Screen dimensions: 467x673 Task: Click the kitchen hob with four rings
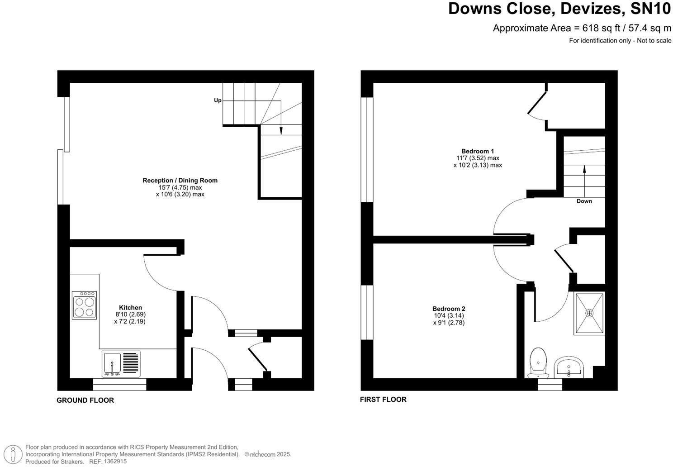pos(84,305)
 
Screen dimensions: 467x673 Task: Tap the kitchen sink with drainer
pos(121,363)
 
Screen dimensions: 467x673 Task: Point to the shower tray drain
pos(589,313)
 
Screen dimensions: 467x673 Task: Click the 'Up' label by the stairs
pos(218,100)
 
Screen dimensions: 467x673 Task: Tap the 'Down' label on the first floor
pos(584,201)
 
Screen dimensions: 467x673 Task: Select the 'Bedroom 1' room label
pos(478,151)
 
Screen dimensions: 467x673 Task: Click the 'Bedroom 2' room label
pos(449,309)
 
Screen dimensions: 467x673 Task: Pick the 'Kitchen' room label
pos(130,308)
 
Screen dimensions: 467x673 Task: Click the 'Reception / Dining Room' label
pos(180,180)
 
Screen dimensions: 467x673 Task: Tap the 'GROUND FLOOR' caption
pos(85,400)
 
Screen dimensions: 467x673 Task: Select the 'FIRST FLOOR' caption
pos(383,399)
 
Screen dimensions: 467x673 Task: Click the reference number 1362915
pos(115,462)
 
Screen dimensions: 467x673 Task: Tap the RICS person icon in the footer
pos(15,454)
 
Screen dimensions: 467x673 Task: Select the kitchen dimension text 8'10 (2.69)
pos(130,315)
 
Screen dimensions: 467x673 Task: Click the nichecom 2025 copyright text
pos(268,454)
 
